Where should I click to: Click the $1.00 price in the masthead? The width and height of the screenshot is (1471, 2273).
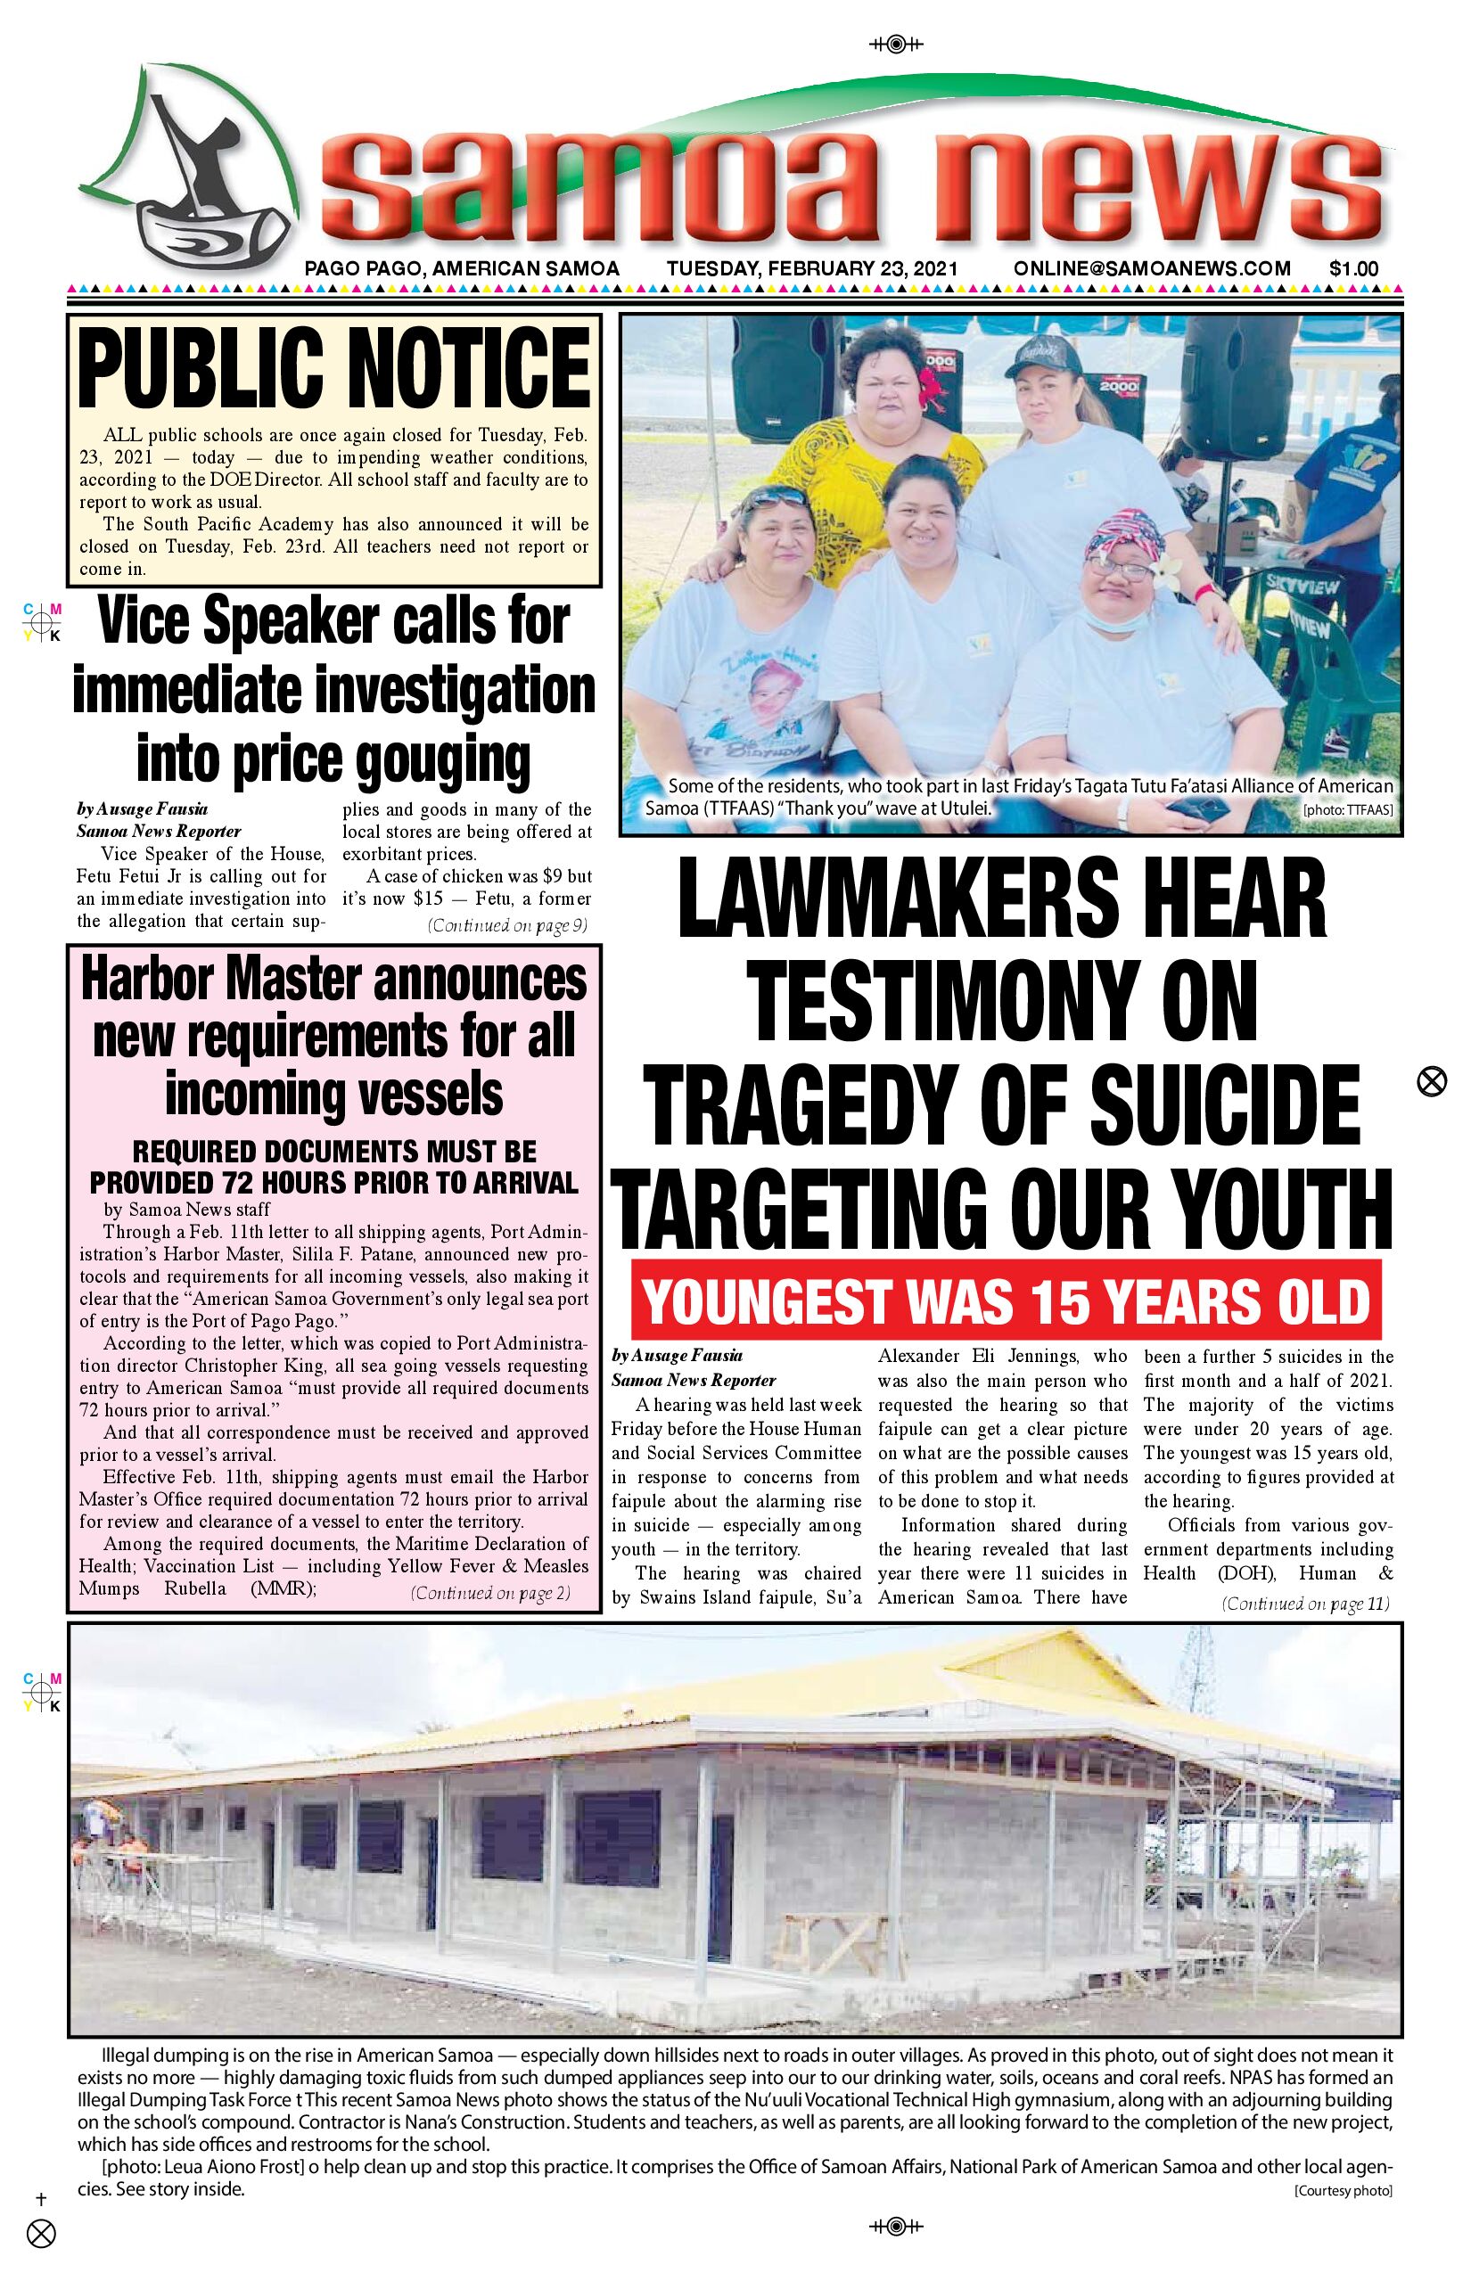pos(1352,269)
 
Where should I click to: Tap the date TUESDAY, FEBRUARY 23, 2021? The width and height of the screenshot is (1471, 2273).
pos(812,269)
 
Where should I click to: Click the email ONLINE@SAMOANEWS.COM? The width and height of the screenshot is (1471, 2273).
pos(1152,269)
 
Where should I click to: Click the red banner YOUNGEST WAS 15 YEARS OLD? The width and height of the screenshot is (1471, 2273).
pos(1006,1301)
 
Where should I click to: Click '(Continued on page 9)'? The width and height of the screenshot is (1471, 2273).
pos(506,925)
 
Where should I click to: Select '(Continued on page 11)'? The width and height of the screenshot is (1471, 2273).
pos(1305,1604)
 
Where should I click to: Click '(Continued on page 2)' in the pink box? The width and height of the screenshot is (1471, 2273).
pos(489,1593)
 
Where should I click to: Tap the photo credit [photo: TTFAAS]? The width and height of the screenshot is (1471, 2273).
pos(1347,811)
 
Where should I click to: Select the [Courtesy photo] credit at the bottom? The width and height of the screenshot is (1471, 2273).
pos(1342,2191)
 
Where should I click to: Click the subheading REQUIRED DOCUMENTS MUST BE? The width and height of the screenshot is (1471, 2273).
pos(333,1152)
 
